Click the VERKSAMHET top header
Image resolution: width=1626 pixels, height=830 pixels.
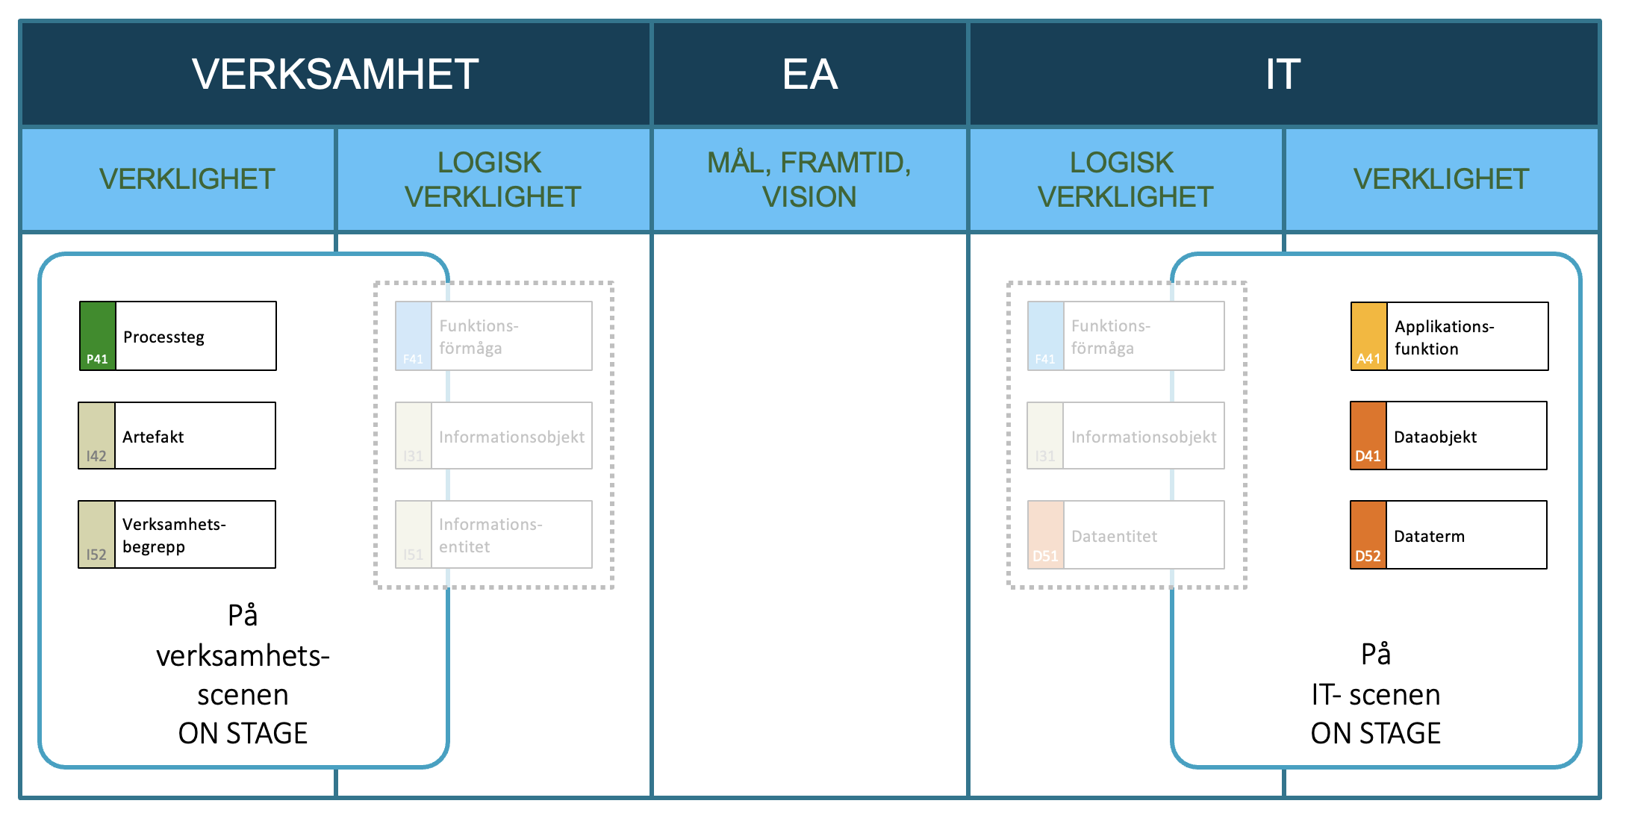tap(335, 74)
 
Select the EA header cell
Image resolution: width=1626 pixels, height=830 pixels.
tap(810, 74)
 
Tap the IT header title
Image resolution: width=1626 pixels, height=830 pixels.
tap(1283, 74)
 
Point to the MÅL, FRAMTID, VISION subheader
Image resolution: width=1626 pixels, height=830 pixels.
tap(810, 180)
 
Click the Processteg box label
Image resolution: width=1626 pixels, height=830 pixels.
tap(163, 337)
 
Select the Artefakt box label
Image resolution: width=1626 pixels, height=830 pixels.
tap(153, 437)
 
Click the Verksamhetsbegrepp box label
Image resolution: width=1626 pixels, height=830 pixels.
tap(174, 535)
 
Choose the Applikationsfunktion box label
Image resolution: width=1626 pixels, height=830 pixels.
tap(1444, 337)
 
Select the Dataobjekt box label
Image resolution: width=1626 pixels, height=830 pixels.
tap(1435, 437)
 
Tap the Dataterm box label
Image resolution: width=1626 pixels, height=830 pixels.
tap(1429, 536)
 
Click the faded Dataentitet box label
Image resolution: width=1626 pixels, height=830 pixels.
tap(1114, 536)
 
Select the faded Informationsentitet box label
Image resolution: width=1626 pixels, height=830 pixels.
tap(490, 535)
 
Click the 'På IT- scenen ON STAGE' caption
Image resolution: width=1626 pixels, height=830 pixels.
tap(1376, 693)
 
